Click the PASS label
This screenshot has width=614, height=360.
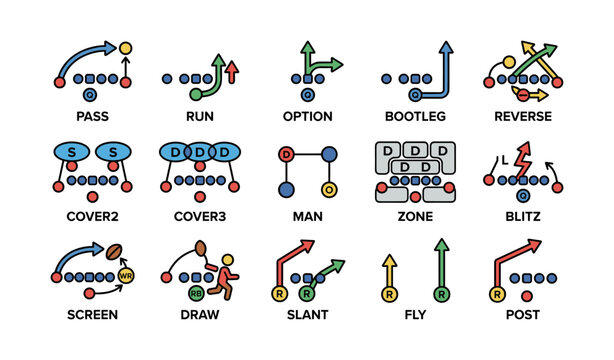point(91,117)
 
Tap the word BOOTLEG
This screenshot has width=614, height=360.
point(414,117)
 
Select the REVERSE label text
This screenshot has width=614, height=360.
point(522,117)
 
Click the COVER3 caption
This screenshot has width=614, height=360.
point(199,215)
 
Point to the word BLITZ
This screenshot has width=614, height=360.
point(522,215)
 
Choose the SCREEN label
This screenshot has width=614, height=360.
point(91,314)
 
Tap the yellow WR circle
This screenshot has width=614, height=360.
point(126,275)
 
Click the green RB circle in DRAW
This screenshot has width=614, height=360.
point(197,293)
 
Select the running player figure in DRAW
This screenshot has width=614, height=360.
point(228,276)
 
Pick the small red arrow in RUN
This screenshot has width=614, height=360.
point(232,71)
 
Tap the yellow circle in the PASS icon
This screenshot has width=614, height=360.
point(126,47)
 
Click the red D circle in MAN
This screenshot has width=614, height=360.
point(286,154)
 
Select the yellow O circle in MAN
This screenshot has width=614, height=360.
point(327,189)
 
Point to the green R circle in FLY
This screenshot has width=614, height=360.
point(440,294)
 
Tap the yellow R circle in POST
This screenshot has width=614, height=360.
point(496,294)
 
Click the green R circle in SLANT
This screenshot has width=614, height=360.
point(306,294)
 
